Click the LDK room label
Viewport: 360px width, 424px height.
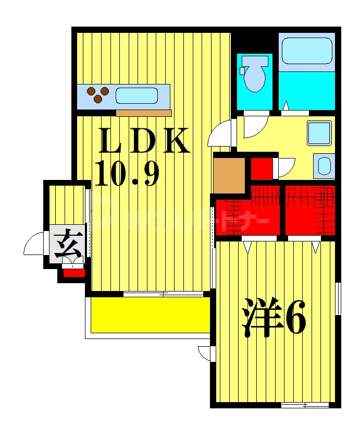point(144,140)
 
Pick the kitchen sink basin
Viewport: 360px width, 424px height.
point(136,96)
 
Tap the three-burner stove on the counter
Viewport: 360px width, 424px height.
point(97,95)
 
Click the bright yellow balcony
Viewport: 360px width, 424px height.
point(150,314)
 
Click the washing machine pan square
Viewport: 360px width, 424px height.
point(319,133)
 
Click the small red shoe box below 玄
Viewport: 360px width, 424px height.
point(74,272)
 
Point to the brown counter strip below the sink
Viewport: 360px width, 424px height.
point(144,113)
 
